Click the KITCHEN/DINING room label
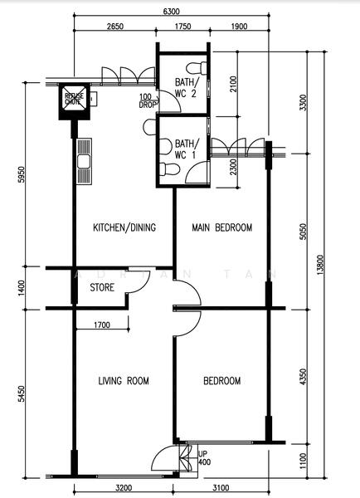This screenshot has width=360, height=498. pyautogui.click(x=124, y=227)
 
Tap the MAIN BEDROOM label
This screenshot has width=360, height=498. pyautogui.click(x=221, y=227)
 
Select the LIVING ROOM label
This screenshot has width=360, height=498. pyautogui.click(x=124, y=381)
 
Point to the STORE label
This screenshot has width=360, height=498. pyautogui.click(x=102, y=288)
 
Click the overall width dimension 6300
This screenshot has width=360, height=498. pyautogui.click(x=171, y=12)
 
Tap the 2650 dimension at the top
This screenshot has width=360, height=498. pyautogui.click(x=115, y=27)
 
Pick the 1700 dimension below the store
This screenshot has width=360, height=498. pyautogui.click(x=103, y=325)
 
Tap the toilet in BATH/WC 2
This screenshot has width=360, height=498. pyautogui.click(x=193, y=66)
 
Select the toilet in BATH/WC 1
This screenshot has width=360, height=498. pyautogui.click(x=168, y=169)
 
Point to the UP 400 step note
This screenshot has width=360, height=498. pyautogui.click(x=203, y=457)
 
